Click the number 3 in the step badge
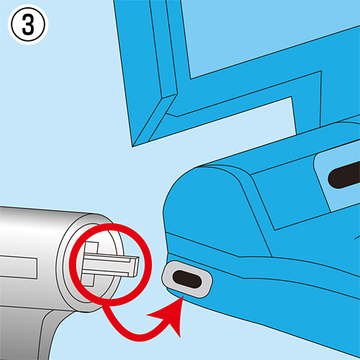click(28, 25)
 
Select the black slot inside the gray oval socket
click(186, 279)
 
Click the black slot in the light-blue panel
click(343, 175)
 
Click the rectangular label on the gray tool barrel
click(19, 267)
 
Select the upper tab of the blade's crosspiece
click(91, 248)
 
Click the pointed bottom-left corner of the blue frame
click(132, 146)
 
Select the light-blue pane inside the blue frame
click(264, 36)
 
